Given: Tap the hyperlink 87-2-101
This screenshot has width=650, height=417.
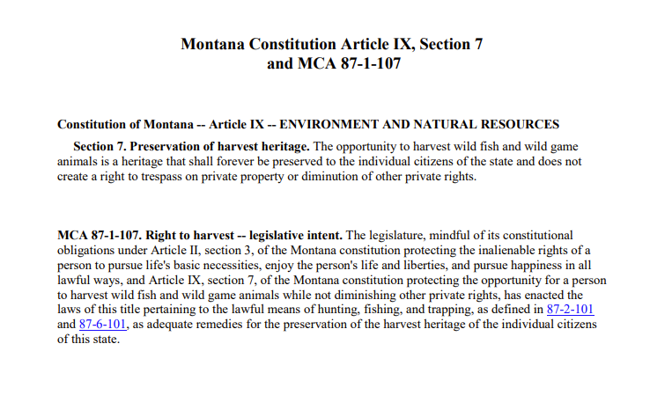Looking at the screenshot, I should (571, 310).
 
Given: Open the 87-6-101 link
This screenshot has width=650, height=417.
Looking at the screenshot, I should (103, 325).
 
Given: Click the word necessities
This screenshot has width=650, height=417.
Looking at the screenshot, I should (233, 265).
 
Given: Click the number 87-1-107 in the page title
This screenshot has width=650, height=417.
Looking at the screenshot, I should (364, 64).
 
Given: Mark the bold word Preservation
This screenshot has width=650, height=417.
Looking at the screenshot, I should (169, 147).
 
